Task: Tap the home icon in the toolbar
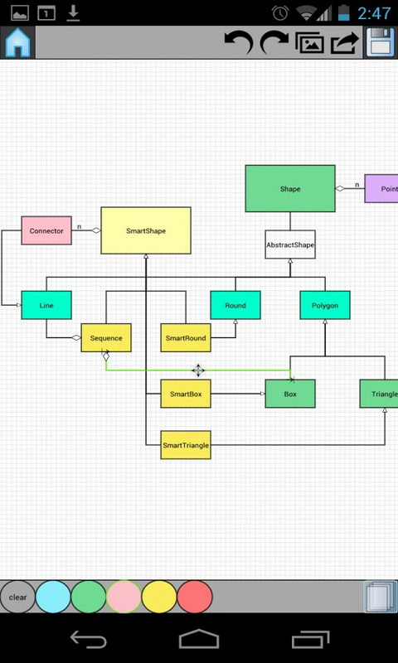(x=17, y=43)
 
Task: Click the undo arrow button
(x=239, y=42)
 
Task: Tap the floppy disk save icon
(x=381, y=42)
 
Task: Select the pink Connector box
(x=46, y=230)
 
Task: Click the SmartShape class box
(x=146, y=230)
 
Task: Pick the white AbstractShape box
(x=290, y=244)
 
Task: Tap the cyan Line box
(x=46, y=305)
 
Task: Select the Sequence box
(x=106, y=338)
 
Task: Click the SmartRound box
(x=186, y=338)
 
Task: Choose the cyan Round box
(x=235, y=305)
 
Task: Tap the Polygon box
(x=325, y=305)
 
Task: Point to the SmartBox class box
(x=186, y=394)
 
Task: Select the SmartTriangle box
(x=186, y=445)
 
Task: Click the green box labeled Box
(x=290, y=394)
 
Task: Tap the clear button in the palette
(x=17, y=597)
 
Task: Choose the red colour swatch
(x=195, y=597)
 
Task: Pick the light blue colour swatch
(x=53, y=597)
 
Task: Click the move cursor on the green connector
(x=198, y=370)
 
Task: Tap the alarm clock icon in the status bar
(x=280, y=13)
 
